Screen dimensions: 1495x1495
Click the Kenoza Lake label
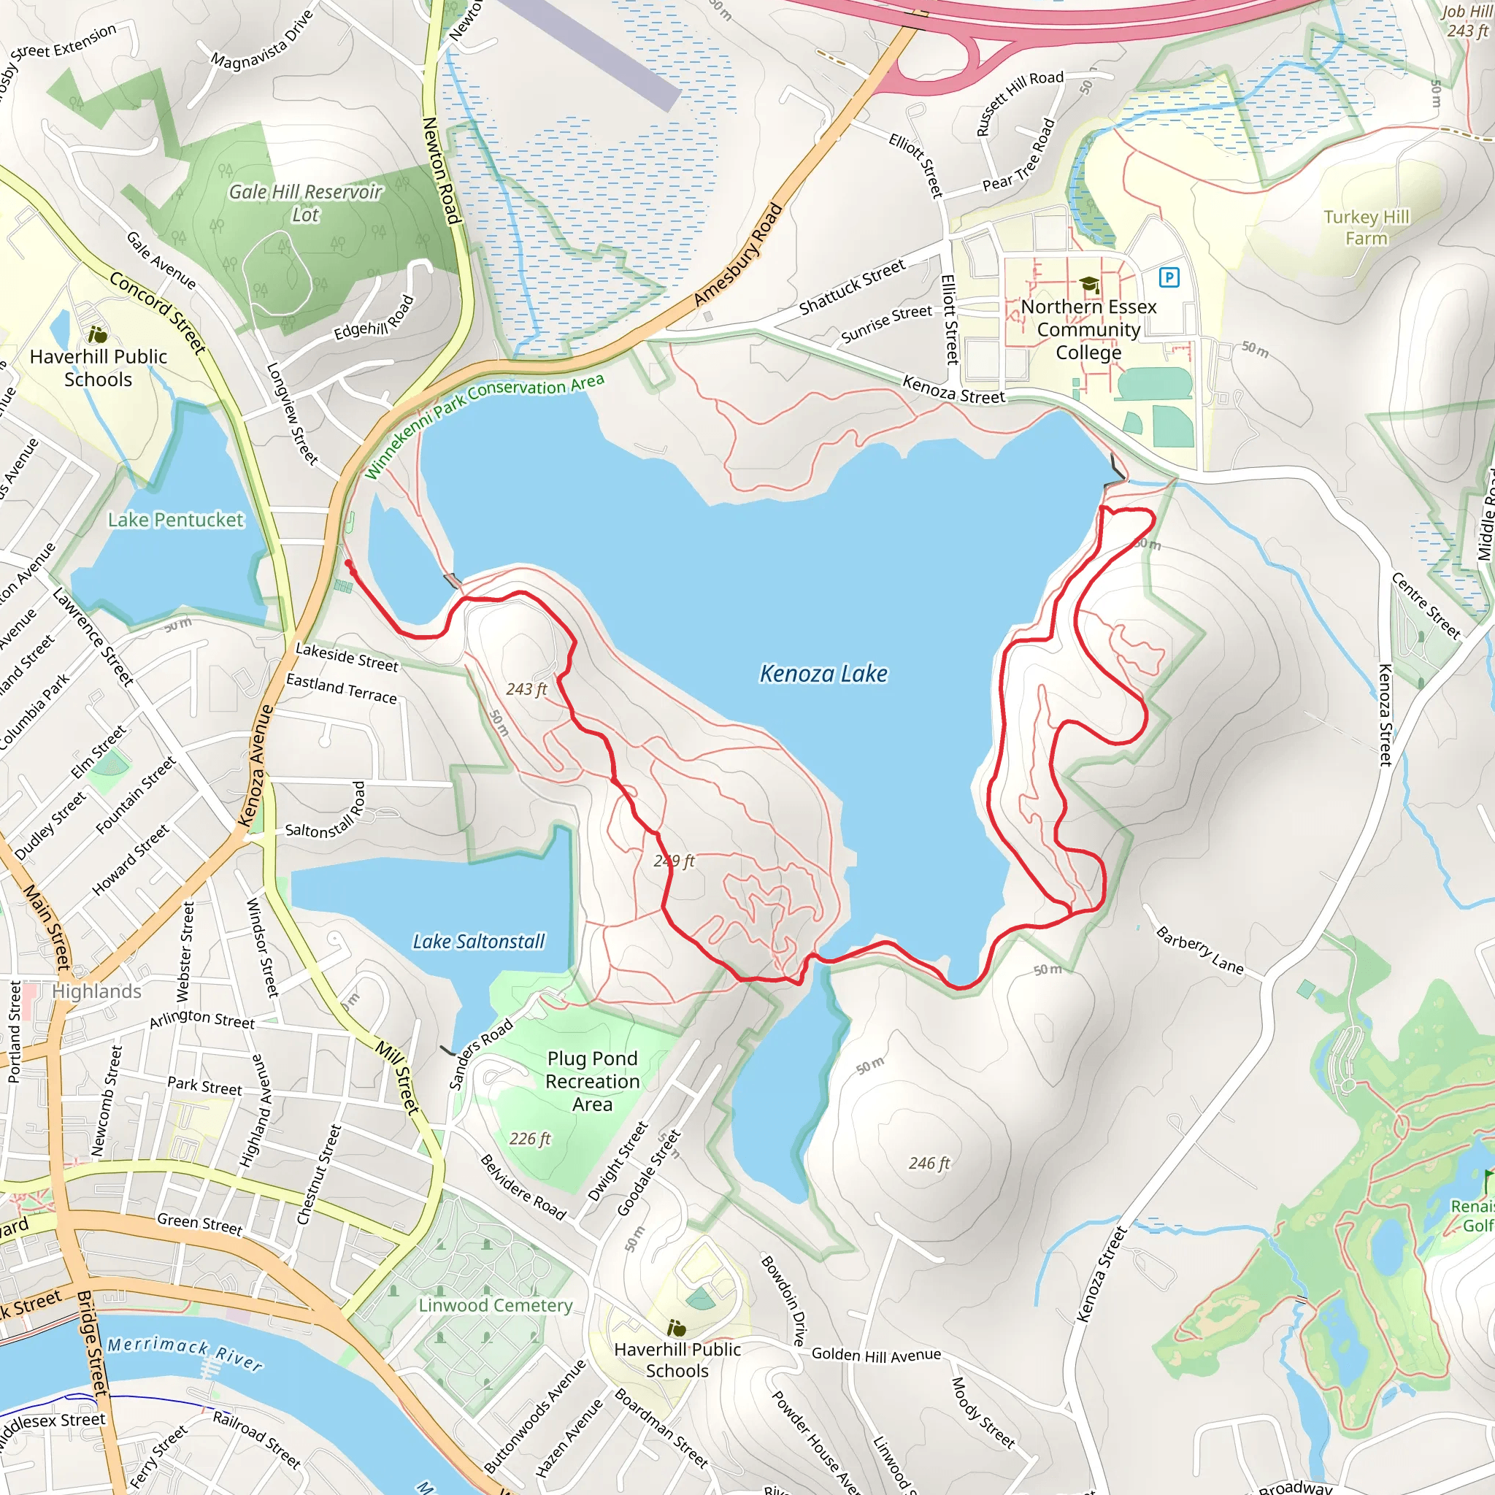[823, 674]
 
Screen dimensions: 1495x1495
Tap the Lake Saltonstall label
[478, 942]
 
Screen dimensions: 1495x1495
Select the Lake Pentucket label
[176, 520]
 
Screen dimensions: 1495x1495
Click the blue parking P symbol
[1169, 277]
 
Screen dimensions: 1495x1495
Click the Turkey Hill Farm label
[1366, 228]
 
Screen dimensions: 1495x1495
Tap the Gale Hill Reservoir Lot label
[306, 203]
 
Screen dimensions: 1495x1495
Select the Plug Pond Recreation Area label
[592, 1081]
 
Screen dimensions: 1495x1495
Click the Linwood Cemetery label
[495, 1305]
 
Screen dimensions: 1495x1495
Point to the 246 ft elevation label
[929, 1163]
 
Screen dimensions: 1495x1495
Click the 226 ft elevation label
[529, 1138]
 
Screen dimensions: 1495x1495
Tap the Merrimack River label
[184, 1353]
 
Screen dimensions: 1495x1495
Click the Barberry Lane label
[1199, 950]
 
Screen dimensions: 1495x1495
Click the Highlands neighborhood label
[97, 991]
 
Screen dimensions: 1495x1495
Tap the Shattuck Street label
[852, 287]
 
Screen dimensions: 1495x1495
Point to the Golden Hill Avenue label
[876, 1354]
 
